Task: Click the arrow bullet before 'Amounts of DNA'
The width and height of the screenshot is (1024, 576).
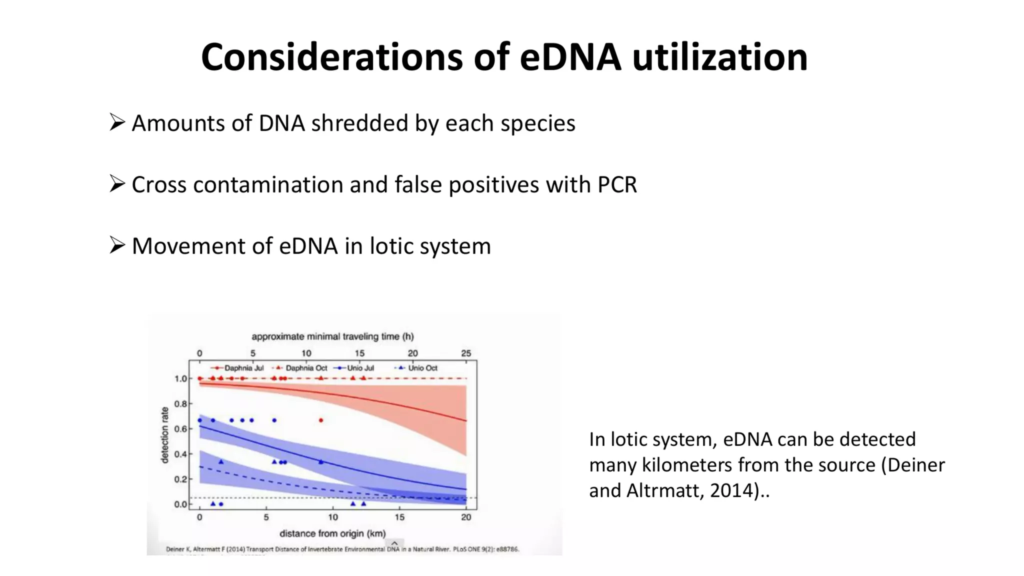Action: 117,122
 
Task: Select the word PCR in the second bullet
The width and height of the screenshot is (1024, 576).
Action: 617,184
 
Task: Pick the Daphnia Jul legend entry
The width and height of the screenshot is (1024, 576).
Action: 238,368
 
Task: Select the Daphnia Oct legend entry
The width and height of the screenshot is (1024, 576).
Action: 301,368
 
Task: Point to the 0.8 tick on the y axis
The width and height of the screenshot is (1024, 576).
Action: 180,403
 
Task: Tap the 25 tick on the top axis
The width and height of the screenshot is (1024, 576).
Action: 465,353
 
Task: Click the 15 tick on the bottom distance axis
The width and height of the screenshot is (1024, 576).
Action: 399,517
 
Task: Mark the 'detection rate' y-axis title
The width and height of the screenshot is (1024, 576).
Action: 165,434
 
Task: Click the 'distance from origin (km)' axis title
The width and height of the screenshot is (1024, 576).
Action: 332,533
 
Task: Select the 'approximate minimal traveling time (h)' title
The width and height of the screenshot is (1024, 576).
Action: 332,336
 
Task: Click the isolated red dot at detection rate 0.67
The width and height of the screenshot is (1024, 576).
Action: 321,420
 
